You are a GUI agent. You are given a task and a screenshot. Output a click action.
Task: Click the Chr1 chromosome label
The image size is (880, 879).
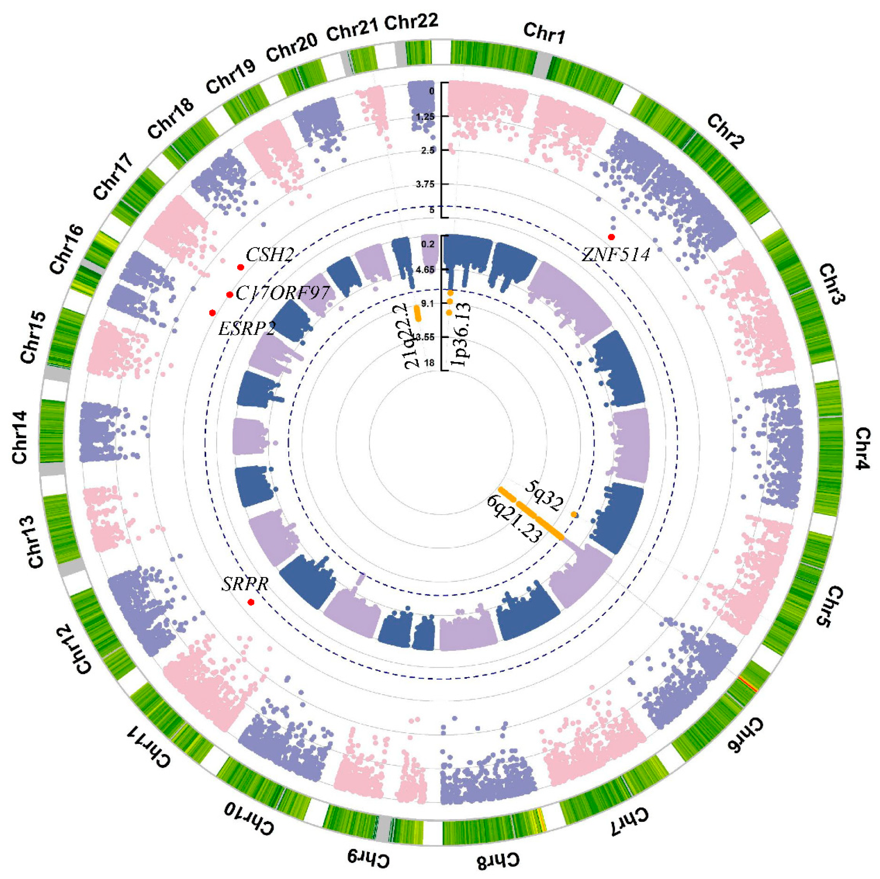544,33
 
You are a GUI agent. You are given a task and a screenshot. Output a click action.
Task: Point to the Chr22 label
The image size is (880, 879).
411,21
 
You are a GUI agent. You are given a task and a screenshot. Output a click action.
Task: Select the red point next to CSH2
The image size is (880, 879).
240,267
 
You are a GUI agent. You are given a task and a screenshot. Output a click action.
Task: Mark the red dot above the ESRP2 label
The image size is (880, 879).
212,312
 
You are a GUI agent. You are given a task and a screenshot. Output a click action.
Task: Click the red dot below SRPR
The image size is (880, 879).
250,602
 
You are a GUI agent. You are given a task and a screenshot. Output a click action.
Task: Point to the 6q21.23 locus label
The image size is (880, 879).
514,520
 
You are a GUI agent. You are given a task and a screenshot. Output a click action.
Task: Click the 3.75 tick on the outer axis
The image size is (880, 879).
429,184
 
